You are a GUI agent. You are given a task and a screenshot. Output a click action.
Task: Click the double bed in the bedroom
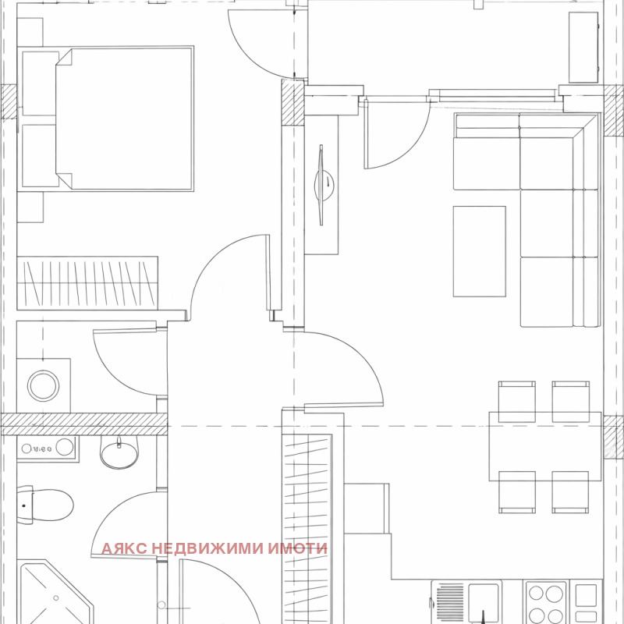pos(125,119)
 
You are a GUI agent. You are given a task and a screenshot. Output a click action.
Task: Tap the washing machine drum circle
pos(44,385)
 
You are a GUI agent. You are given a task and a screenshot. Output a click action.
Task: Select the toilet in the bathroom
pos(45,505)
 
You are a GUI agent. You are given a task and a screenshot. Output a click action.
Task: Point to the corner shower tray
pos(55,593)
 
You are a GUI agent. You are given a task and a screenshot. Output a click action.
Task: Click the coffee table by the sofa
pos(480,251)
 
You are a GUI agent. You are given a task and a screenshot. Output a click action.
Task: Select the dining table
pos(545,446)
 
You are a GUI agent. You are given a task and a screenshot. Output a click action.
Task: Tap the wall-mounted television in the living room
pos(321,185)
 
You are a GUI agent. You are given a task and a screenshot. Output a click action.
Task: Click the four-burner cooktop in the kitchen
pos(546,602)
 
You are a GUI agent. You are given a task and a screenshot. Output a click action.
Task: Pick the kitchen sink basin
pos(484,603)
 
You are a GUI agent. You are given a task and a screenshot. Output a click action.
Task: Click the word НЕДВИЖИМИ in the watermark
pos(208,548)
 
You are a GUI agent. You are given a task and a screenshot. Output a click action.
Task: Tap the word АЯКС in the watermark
pos(125,548)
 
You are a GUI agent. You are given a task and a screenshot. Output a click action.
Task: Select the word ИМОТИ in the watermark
pos(297,548)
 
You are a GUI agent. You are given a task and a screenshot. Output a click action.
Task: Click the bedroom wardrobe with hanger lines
pos(87,283)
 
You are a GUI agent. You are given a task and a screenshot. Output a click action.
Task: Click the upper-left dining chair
pos(516,401)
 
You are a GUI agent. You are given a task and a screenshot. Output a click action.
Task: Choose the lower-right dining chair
pos(570,492)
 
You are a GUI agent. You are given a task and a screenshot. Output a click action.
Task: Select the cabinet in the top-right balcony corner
pos(583,48)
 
